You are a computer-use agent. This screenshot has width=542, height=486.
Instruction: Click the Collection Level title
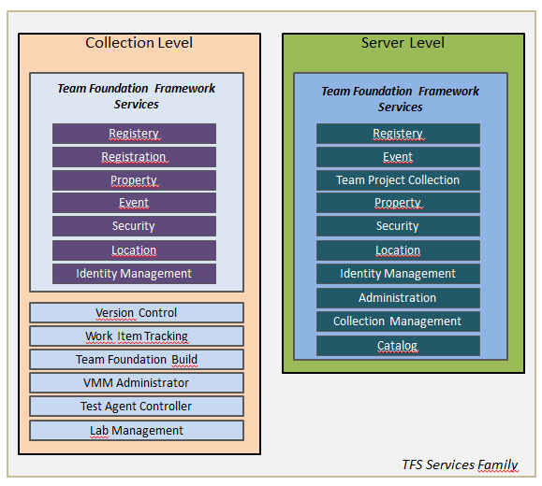tap(139, 43)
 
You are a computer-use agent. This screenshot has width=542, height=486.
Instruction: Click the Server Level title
tap(403, 43)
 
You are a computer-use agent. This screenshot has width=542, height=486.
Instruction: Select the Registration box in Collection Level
tap(134, 157)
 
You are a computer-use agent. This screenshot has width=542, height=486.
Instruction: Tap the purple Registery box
tap(134, 134)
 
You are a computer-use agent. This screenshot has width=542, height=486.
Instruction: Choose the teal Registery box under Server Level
tap(398, 134)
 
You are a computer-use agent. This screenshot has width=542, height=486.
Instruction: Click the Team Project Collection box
tap(398, 180)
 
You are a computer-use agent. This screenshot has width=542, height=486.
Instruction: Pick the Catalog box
tap(398, 346)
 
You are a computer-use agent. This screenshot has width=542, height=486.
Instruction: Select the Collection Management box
tap(398, 322)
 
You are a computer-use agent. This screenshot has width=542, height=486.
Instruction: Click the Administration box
tap(398, 298)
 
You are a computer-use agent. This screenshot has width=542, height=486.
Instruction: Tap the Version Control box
tap(137, 313)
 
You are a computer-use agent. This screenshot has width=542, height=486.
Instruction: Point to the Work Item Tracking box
tap(137, 336)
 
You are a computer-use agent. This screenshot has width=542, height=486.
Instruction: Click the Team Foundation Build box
tap(137, 360)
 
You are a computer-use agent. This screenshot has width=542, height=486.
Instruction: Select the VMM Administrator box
tap(137, 383)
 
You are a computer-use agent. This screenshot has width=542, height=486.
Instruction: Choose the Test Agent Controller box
tap(137, 407)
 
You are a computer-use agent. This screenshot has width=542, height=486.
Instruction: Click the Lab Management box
tap(137, 431)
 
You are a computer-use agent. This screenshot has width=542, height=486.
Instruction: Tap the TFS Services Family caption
tap(459, 465)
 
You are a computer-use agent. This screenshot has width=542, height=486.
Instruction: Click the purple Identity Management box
tap(134, 274)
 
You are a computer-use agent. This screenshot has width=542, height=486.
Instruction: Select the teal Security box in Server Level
tap(398, 226)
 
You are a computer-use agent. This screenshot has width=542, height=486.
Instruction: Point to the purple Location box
tap(134, 250)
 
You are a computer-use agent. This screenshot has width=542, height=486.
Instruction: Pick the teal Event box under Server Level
tap(398, 157)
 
